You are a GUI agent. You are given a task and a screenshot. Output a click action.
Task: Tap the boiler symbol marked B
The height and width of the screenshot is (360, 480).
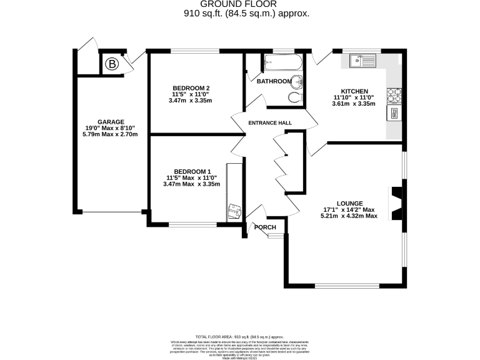pyautogui.click(x=112, y=64)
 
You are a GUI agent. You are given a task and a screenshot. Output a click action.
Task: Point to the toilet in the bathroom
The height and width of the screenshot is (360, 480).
pyautogui.click(x=295, y=98)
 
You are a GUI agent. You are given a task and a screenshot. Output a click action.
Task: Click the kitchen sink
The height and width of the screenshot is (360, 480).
pyautogui.click(x=362, y=61)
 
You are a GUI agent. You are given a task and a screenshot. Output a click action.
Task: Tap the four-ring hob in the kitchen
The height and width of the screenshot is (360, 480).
pyautogui.click(x=394, y=95)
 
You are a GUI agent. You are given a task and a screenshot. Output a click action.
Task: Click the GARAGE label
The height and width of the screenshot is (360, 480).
pyautogui.click(x=111, y=122)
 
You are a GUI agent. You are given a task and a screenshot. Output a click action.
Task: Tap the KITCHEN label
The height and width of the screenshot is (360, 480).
pyautogui.click(x=354, y=91)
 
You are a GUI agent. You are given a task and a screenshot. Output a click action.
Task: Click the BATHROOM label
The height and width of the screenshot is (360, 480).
pyautogui.click(x=274, y=81)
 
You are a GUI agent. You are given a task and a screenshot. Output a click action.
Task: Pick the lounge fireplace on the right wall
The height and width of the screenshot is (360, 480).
pyautogui.click(x=396, y=203)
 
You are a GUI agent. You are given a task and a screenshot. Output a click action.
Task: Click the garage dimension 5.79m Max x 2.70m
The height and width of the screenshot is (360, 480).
pyautogui.click(x=111, y=134)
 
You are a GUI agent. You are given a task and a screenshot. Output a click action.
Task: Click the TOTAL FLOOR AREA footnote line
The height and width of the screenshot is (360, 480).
pyautogui.click(x=240, y=336)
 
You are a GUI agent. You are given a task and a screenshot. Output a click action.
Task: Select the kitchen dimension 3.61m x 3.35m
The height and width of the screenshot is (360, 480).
pyautogui.click(x=354, y=104)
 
